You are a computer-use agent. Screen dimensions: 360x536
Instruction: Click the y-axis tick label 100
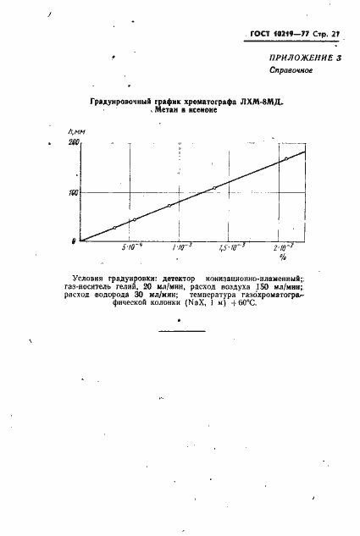74,193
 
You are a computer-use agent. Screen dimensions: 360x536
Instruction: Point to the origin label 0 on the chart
75,241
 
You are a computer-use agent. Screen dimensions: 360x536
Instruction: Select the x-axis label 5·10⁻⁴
133,247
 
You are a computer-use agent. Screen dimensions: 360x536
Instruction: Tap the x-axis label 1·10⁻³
180,247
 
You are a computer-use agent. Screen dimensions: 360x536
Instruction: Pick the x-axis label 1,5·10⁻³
230,247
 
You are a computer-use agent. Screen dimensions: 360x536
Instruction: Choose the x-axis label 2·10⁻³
283,246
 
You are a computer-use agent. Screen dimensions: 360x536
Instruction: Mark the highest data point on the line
286,158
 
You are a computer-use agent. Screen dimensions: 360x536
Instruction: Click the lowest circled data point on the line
114,228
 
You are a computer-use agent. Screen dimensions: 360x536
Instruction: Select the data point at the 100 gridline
214,188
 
